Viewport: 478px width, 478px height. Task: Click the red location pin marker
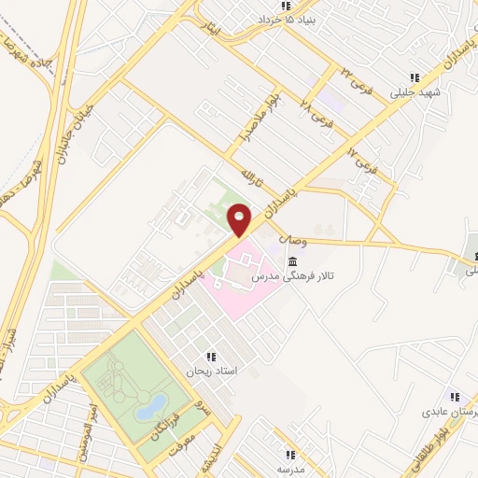[239, 218]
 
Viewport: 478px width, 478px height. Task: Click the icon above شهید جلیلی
[415, 78]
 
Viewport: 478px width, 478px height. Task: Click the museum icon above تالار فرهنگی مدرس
[294, 260]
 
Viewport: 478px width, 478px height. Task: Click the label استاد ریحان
[215, 372]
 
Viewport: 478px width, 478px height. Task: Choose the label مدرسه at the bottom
[289, 469]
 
